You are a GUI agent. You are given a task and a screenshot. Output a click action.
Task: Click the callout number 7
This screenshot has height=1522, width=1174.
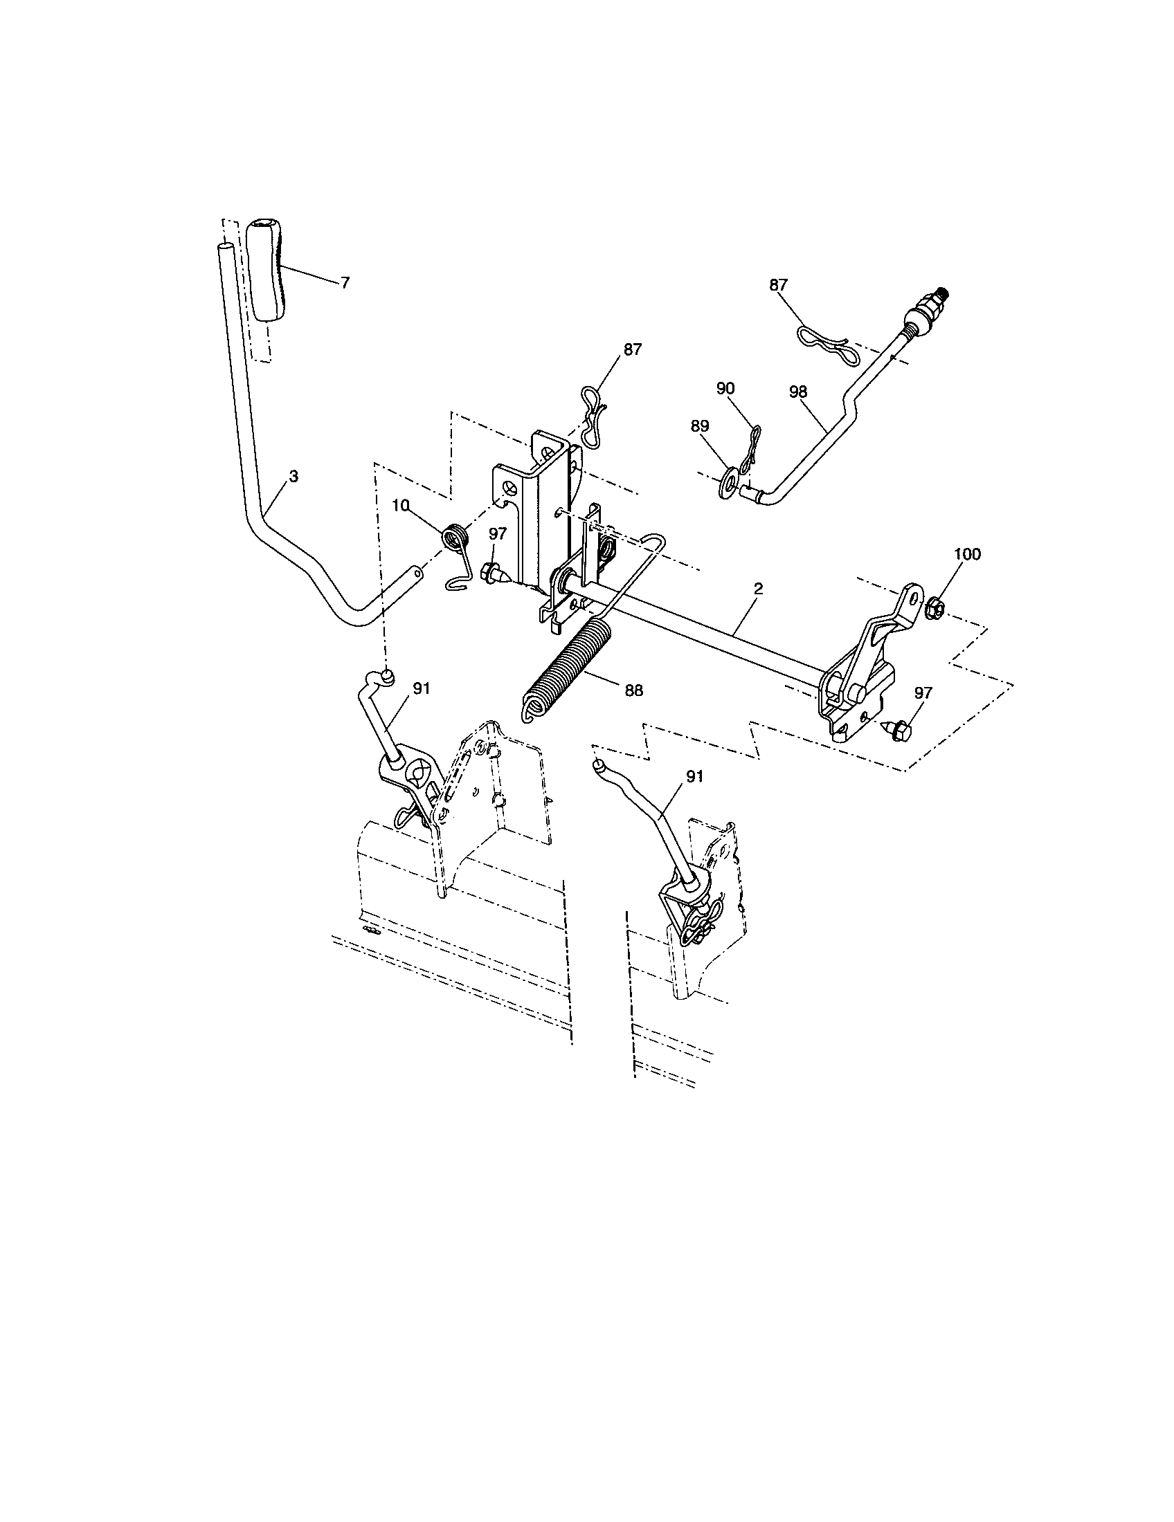(345, 283)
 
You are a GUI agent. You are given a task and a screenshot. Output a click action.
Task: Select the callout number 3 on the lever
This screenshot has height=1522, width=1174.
(293, 477)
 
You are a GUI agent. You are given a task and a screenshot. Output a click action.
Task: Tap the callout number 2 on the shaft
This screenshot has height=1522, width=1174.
(759, 589)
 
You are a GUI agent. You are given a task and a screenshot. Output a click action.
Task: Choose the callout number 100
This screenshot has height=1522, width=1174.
(967, 554)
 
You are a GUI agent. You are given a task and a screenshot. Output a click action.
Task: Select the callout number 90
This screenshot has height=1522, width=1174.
(725, 388)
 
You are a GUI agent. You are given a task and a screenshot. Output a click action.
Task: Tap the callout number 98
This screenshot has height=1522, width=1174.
(798, 392)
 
